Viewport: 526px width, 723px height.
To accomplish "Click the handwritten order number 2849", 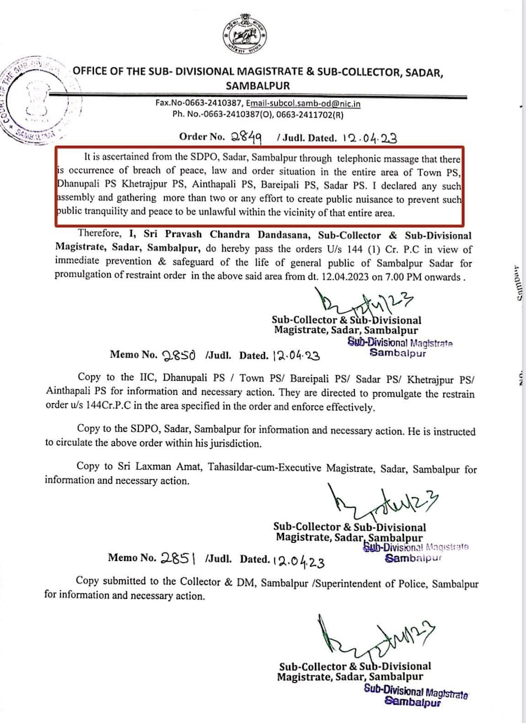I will pyautogui.click(x=245, y=137).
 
